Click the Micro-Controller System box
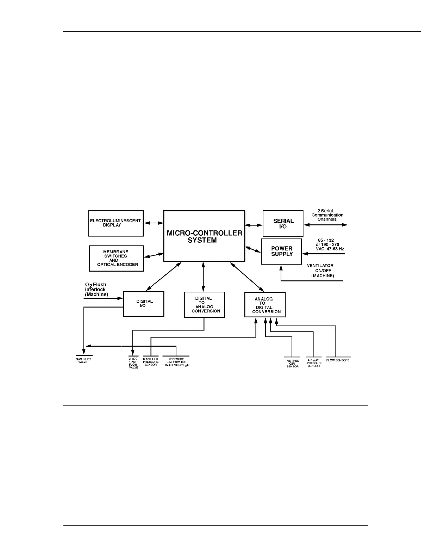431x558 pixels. pos(204,236)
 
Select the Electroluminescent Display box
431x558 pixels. pos(115,223)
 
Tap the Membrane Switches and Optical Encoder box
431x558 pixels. pos(117,258)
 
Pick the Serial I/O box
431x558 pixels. pos(283,224)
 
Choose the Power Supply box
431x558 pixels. pos(281,251)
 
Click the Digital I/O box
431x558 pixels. pos(144,304)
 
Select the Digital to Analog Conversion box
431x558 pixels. pos(205,305)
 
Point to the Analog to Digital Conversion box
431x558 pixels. pos(265,305)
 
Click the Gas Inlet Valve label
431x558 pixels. pos(83,361)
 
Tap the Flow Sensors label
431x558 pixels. pos(338,360)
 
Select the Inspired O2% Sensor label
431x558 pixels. pos(292,364)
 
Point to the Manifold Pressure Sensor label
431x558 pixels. pos(151,362)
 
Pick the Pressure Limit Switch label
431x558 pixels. pos(176,362)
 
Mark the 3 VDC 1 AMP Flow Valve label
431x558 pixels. pos(133,363)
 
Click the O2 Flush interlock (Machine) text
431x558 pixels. pos(96,289)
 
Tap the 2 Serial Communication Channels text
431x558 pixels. pos(327,215)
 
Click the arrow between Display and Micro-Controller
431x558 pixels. pos(154,223)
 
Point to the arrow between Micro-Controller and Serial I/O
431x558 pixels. pos(254,225)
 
